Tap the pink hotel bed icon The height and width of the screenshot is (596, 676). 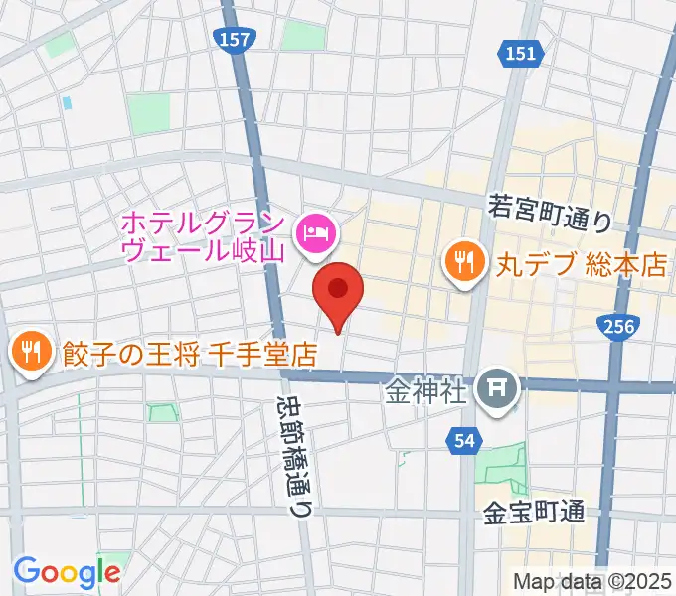(x=317, y=234)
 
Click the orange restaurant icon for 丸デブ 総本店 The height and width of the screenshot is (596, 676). (x=463, y=263)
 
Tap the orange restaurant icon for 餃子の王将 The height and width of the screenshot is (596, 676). (x=31, y=351)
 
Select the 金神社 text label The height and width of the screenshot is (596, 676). (x=425, y=390)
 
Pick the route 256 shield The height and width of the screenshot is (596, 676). (x=618, y=325)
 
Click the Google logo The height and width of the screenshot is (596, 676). (x=67, y=571)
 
